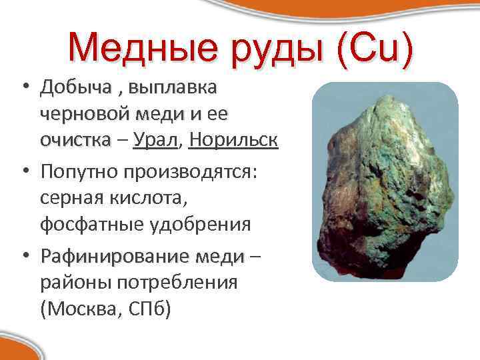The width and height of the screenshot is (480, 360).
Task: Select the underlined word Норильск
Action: (233, 141)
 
